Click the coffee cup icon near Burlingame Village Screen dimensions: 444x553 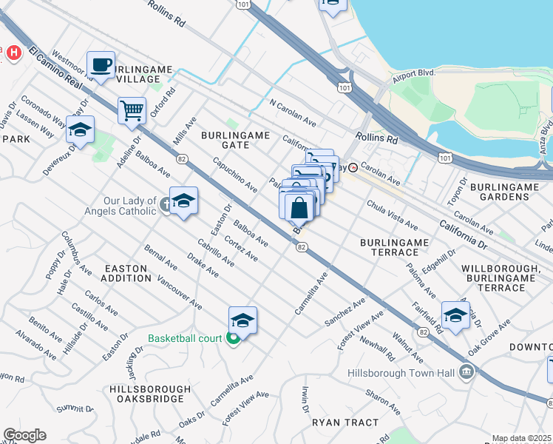(101, 64)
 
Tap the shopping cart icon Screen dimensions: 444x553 (132, 110)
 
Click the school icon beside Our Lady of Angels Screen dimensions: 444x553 (183, 200)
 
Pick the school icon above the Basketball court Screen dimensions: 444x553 (242, 320)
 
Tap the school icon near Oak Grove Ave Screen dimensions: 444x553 (455, 314)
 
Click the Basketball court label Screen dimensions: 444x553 (185, 339)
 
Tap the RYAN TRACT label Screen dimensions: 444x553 (345, 423)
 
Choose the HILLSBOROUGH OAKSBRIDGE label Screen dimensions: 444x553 (146, 394)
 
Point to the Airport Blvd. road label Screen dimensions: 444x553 (413, 73)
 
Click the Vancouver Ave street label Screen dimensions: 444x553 (180, 292)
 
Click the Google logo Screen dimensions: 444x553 (24, 434)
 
